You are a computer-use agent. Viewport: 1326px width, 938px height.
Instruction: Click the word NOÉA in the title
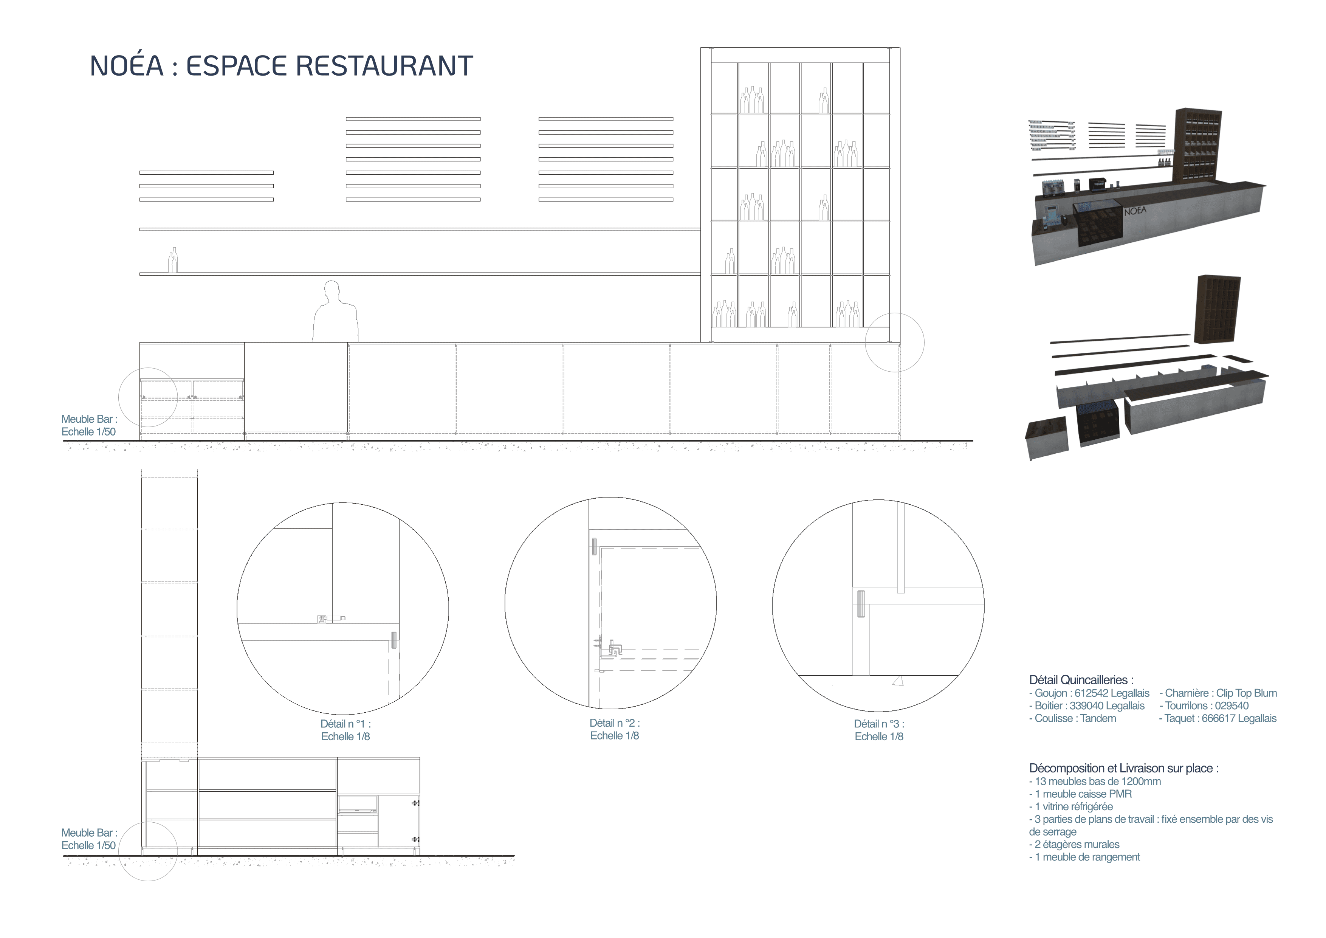click(x=127, y=66)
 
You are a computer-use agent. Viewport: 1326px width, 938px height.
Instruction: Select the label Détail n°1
click(x=345, y=724)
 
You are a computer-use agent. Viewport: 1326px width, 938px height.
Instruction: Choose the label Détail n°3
click(x=879, y=724)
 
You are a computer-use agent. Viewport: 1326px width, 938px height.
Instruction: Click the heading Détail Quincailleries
click(x=1081, y=680)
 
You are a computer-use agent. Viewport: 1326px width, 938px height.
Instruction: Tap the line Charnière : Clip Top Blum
click(x=1218, y=693)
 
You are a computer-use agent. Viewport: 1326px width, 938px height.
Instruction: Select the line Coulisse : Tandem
click(x=1072, y=718)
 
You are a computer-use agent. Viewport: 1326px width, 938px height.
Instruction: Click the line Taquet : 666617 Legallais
click(x=1218, y=718)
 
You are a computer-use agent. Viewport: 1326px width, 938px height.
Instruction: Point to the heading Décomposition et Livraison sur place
click(x=1124, y=768)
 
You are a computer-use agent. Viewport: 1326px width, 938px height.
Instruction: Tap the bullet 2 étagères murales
click(x=1074, y=845)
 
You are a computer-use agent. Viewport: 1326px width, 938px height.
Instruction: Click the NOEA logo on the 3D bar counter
click(x=1135, y=211)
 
